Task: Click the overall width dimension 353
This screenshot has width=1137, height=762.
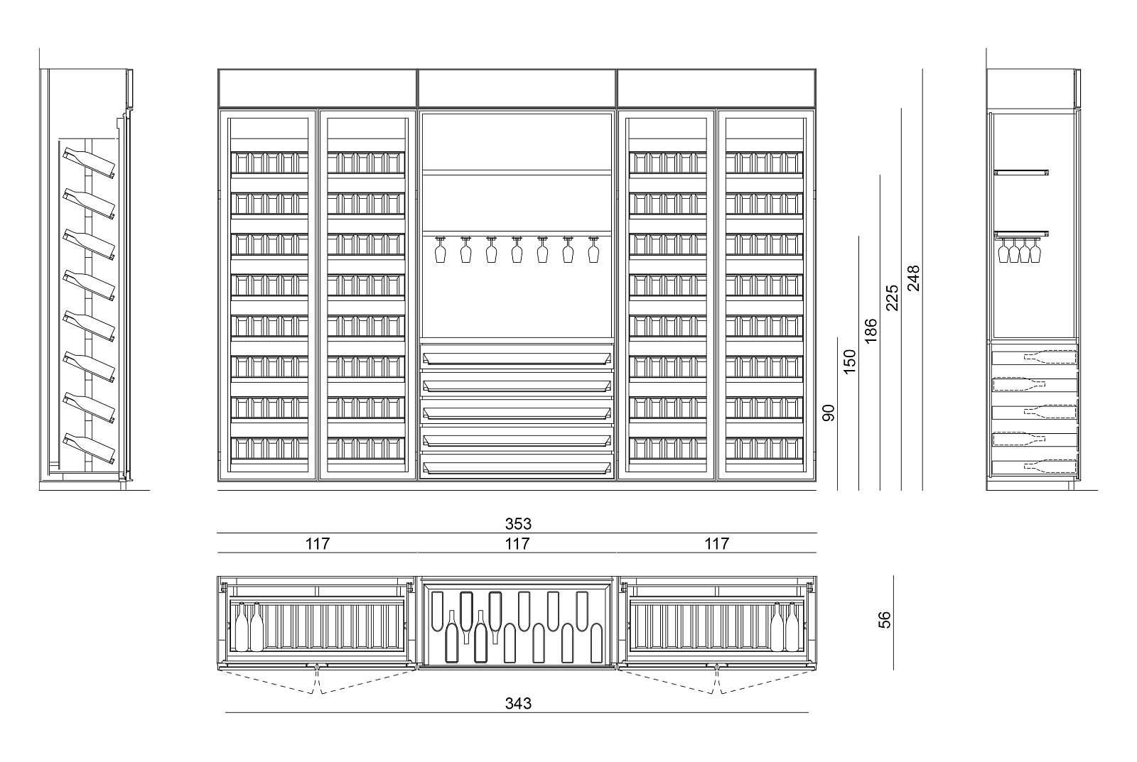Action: (x=518, y=524)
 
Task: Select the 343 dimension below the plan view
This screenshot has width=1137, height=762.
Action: (x=518, y=704)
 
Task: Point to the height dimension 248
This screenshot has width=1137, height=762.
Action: (x=914, y=279)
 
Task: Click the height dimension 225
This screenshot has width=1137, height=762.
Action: (x=893, y=298)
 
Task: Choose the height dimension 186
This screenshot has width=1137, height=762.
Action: (x=871, y=331)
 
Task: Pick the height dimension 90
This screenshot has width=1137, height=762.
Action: (x=829, y=413)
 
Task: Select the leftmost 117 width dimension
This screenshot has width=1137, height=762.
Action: (x=318, y=544)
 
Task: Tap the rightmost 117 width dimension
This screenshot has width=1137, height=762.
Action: (x=716, y=544)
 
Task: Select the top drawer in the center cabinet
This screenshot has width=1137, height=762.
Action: (x=517, y=354)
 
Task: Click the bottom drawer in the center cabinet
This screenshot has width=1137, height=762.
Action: (x=517, y=467)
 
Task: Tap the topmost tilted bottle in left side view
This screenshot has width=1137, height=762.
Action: (x=90, y=163)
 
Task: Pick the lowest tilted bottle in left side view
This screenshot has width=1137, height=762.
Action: (x=90, y=446)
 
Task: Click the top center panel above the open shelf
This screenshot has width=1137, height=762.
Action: (x=517, y=87)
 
